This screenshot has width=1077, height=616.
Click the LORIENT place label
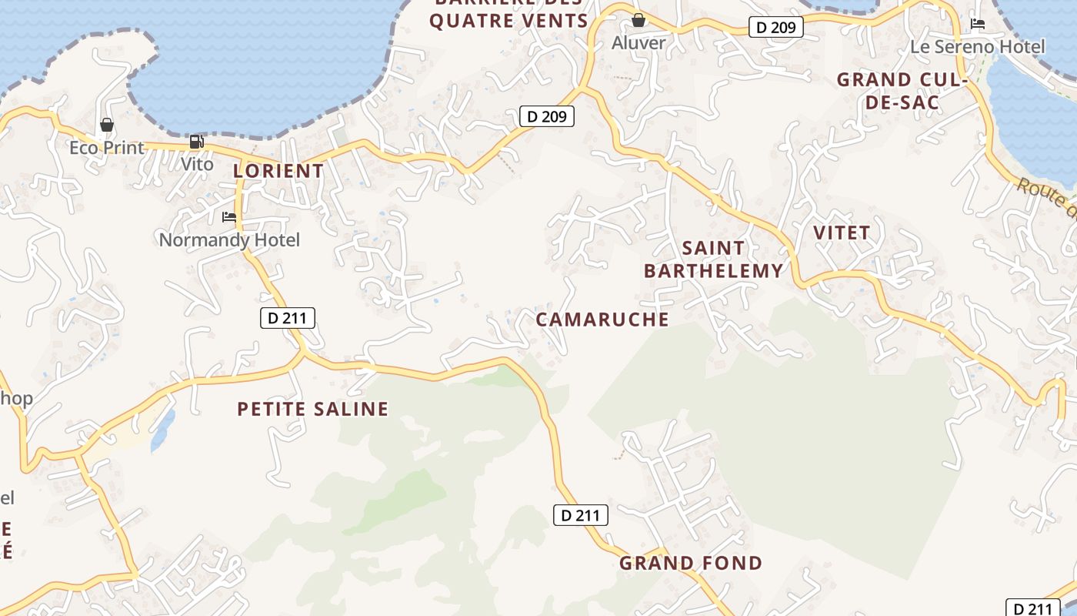(x=278, y=171)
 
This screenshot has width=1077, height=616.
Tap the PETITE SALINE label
(x=312, y=409)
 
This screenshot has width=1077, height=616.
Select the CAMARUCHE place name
(x=602, y=320)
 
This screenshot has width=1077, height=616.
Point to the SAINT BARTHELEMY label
(x=713, y=259)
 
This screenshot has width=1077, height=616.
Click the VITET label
(x=842, y=233)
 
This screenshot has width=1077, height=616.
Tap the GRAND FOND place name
(x=691, y=563)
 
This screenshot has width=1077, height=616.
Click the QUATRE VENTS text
(x=508, y=21)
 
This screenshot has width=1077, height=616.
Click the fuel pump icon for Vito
(x=196, y=142)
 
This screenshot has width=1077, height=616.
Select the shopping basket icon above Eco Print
(x=107, y=125)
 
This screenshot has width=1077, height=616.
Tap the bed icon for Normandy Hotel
(x=229, y=217)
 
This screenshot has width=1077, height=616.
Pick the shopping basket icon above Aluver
(x=638, y=20)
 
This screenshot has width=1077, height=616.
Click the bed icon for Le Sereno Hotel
(x=978, y=24)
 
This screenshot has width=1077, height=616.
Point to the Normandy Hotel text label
(x=229, y=240)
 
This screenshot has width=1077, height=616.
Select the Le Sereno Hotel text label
(x=977, y=47)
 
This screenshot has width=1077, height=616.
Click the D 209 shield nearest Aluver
(x=776, y=28)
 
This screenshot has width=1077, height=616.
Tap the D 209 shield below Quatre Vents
(x=547, y=116)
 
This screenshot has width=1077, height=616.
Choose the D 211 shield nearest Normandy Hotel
(x=288, y=317)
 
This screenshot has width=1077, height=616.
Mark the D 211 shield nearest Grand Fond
(x=581, y=515)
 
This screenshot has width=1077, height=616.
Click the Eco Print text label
(x=107, y=148)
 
